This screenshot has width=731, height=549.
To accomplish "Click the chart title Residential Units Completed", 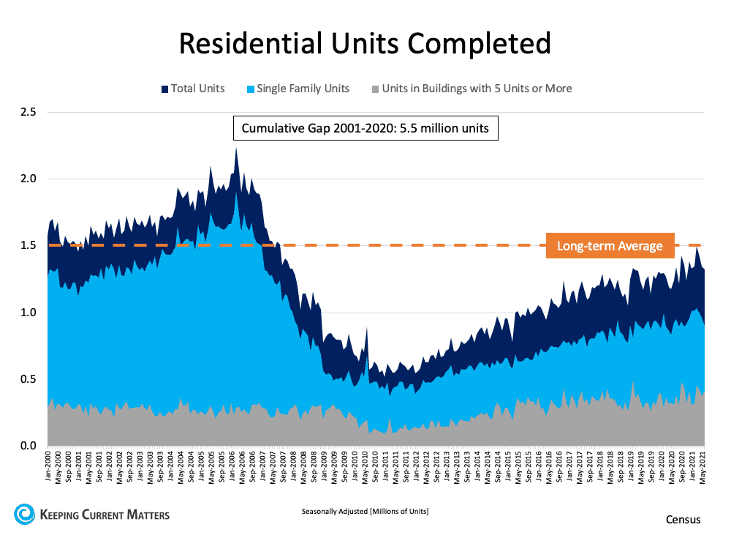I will (x=365, y=43).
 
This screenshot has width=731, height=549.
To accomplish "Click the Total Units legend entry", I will (x=197, y=89).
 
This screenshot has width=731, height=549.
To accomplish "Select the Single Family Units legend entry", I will (x=303, y=89).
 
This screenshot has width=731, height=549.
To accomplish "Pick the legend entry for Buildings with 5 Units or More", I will (x=476, y=89).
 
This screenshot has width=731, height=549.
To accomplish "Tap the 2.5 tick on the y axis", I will (x=29, y=112).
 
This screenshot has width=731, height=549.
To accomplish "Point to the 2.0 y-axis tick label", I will (x=29, y=179).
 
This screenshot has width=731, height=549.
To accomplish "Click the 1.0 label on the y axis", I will (x=29, y=313).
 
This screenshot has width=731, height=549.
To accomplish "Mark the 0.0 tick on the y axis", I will (x=29, y=446).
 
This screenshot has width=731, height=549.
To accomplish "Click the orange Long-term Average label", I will (x=610, y=246).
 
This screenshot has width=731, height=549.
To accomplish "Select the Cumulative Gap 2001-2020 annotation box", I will (x=365, y=130).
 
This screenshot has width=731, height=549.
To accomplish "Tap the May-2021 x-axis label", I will (x=702, y=467).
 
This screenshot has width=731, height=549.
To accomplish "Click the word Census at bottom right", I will (x=683, y=520).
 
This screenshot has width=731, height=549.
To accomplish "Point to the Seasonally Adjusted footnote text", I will (x=365, y=512).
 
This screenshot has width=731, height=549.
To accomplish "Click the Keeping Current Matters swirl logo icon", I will (x=24, y=514).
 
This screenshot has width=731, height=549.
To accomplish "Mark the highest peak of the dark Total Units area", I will (x=236, y=149).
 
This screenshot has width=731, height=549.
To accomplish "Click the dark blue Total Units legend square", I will (x=164, y=89).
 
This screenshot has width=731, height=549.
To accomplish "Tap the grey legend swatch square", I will (x=375, y=89).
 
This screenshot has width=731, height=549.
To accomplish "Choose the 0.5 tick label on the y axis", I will (x=29, y=379).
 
